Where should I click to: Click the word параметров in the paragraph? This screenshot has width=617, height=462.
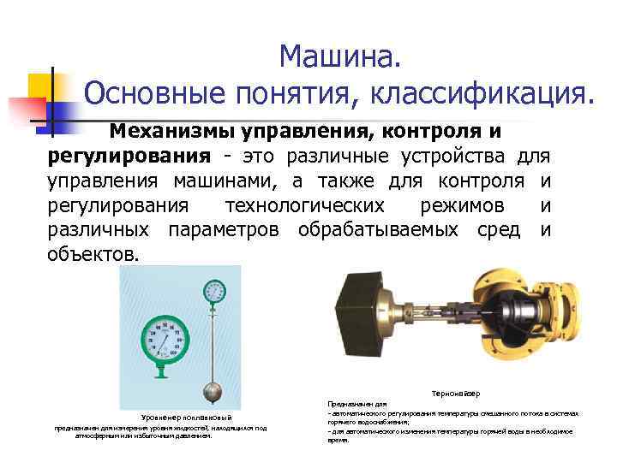point(228,230)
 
